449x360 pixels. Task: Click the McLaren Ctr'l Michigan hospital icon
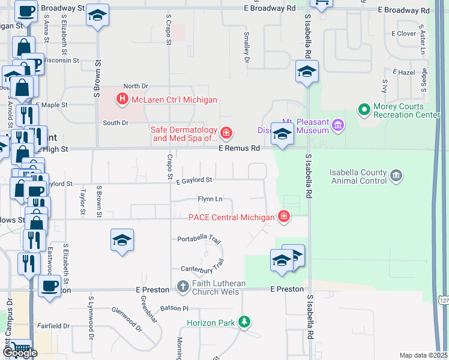(x=122, y=100)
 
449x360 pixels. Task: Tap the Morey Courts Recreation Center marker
(x=363, y=110)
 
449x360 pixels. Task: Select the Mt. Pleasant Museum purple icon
(x=338, y=125)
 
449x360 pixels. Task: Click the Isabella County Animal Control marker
(x=396, y=175)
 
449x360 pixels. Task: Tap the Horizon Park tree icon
(x=244, y=323)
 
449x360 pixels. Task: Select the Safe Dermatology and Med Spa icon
(x=226, y=133)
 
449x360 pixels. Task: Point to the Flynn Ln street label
(x=210, y=199)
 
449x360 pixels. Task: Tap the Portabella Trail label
(x=200, y=240)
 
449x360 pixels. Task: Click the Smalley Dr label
(x=246, y=49)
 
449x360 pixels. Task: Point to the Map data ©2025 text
(x=424, y=355)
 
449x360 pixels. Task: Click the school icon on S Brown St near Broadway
(x=97, y=16)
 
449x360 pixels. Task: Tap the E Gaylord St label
(x=194, y=179)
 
